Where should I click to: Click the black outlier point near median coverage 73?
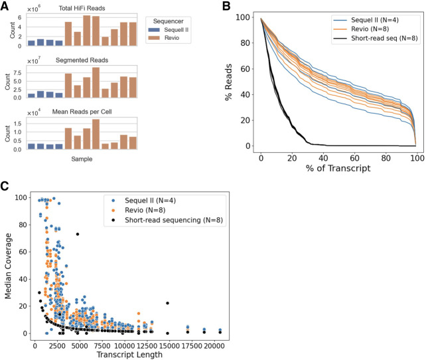[x=78, y=234]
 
